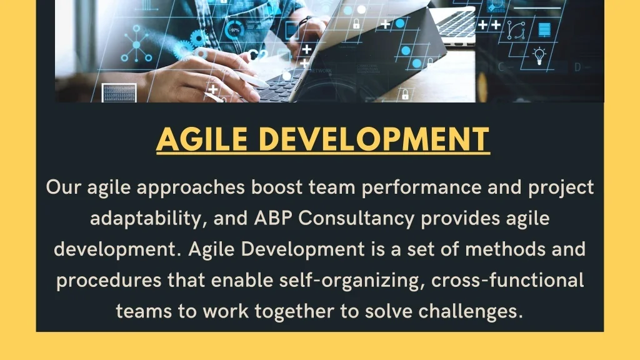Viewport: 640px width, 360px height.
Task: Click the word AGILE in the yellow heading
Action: [202, 139]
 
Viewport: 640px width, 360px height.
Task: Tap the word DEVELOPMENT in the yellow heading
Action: [374, 139]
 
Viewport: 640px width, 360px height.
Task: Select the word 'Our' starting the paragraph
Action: [63, 187]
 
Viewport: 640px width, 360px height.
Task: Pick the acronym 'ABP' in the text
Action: [273, 218]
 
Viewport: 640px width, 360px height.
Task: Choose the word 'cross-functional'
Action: [507, 281]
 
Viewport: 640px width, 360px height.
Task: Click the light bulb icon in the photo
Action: [539, 56]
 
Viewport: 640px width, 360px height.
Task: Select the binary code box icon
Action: [119, 92]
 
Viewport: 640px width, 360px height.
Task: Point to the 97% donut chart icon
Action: [234, 30]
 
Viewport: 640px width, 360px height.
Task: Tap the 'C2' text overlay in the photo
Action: [258, 55]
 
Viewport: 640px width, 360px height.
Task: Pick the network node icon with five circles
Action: [136, 44]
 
